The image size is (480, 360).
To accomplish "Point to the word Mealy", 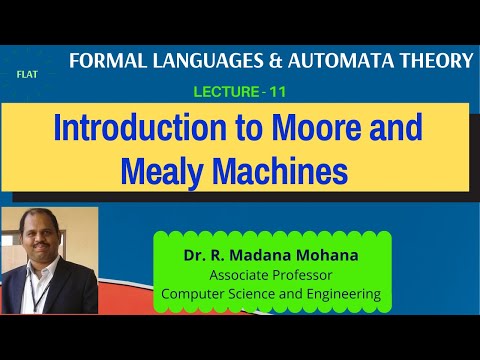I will coord(161,170).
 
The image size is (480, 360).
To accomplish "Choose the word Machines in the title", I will coord(275,170).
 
